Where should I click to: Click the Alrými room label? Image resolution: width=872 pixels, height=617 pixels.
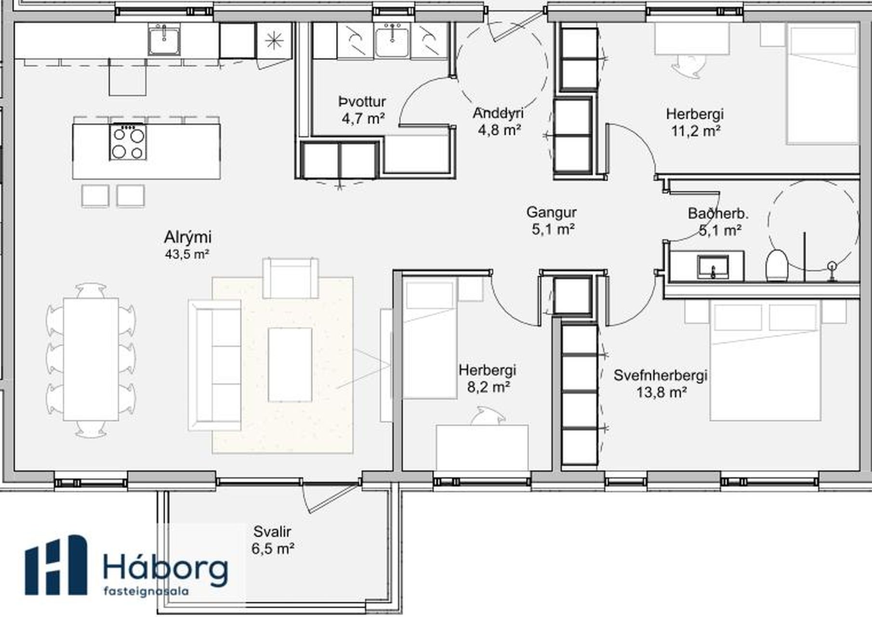[x=187, y=238]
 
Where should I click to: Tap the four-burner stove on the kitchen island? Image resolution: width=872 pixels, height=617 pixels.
[x=128, y=142]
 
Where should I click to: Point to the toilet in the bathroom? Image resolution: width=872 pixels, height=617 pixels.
[x=776, y=265]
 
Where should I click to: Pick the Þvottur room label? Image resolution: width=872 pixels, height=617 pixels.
[x=362, y=102]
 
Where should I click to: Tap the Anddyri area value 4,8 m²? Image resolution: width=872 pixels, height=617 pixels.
[x=500, y=130]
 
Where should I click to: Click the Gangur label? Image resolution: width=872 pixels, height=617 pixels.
[x=552, y=212]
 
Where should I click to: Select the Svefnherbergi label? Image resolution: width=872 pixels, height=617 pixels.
[x=661, y=376]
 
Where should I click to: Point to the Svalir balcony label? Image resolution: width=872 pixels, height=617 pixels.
[x=273, y=532]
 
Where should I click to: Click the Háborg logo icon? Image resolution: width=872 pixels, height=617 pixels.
[x=56, y=564]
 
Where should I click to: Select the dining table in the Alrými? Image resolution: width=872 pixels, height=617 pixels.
[x=91, y=359]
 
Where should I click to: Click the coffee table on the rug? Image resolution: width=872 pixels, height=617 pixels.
[x=290, y=364]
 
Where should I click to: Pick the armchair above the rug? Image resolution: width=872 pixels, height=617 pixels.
[x=291, y=278]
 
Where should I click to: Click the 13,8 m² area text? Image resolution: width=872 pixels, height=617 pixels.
[x=661, y=392]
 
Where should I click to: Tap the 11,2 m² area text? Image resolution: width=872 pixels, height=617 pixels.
[x=696, y=131]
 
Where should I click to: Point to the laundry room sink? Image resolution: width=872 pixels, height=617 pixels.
[x=392, y=41]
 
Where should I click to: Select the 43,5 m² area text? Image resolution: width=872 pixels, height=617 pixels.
[x=187, y=254]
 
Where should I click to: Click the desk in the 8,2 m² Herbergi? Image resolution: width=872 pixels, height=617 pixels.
[x=482, y=447]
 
